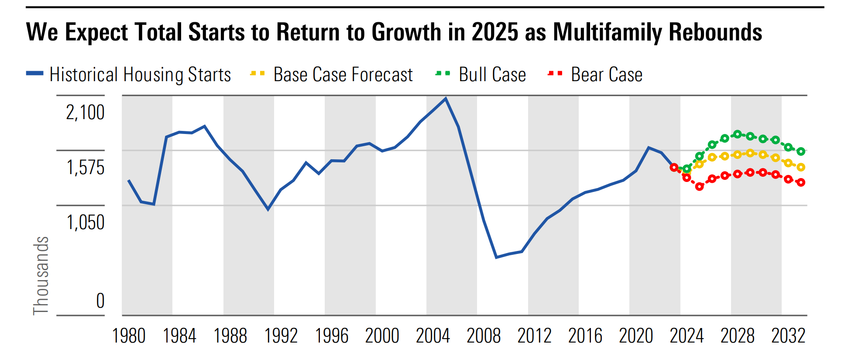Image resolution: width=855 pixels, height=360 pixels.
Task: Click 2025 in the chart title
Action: [x=495, y=32]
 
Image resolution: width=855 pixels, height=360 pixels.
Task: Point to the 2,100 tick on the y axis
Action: [x=86, y=113]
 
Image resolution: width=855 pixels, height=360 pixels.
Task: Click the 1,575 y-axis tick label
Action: [x=86, y=168]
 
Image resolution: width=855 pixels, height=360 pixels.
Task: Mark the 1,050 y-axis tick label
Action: [x=86, y=223]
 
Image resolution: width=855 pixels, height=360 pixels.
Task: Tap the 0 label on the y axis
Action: [x=100, y=301]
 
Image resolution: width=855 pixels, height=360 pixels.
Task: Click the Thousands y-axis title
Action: [x=41, y=275]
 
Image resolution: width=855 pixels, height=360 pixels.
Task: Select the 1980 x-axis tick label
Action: [x=129, y=336]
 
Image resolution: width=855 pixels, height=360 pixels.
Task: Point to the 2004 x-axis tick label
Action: [x=433, y=336]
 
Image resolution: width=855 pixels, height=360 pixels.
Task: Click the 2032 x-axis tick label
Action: [x=788, y=336]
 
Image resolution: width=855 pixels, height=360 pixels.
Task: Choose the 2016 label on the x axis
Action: [x=585, y=336]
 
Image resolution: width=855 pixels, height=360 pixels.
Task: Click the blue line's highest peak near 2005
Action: [x=445, y=99]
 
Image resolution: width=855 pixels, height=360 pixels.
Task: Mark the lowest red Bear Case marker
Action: [x=700, y=186]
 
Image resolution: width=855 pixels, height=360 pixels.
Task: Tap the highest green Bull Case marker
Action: [x=738, y=134]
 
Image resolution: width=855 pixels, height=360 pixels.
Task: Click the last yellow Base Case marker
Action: [x=801, y=167]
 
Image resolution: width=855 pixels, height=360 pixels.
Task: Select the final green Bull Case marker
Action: [x=801, y=151]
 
